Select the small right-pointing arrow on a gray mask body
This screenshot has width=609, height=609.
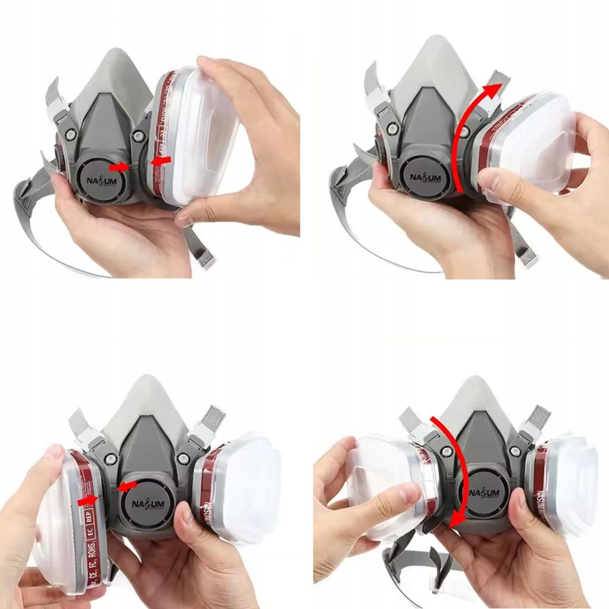click(120, 167)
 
